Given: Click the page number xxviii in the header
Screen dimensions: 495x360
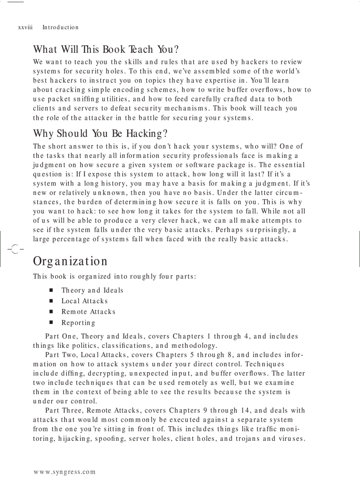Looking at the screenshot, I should (x=25, y=27).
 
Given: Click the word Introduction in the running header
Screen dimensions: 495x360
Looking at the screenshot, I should (x=60, y=27).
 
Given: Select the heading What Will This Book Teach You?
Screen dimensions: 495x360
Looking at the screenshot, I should (x=105, y=49).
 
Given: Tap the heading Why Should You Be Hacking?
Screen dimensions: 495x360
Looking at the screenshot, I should (x=101, y=133).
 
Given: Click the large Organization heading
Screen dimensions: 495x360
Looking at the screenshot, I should (x=70, y=261).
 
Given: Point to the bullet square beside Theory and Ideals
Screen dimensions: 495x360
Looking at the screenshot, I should (x=52, y=290).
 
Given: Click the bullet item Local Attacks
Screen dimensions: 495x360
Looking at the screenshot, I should (x=84, y=301).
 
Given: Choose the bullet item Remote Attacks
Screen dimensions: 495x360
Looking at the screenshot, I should (x=88, y=312).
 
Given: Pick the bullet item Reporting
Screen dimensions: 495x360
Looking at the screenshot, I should (x=78, y=323).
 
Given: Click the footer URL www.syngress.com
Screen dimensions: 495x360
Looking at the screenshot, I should (x=64, y=472).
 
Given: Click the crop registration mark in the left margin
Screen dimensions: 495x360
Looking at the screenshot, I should (x=14, y=249).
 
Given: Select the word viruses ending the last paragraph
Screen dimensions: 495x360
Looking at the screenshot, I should (x=291, y=439).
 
